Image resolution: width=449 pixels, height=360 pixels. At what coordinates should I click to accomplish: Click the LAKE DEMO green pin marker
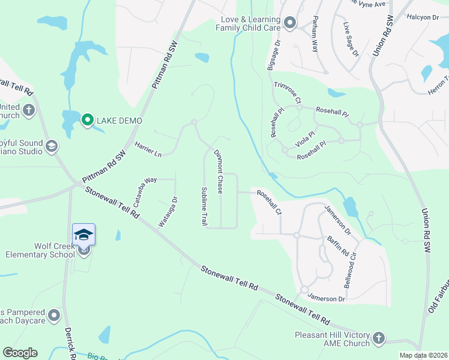[x=87, y=121]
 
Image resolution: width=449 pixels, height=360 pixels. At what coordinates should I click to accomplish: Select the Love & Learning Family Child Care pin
[x=290, y=23]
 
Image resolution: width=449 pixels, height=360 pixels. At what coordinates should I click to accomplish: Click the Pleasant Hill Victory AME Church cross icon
[x=378, y=338]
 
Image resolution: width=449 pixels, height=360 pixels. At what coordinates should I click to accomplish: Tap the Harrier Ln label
[x=148, y=150]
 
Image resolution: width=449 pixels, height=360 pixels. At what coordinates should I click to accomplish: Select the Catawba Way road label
[x=145, y=191]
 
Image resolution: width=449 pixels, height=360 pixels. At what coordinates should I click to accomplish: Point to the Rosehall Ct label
[x=269, y=202]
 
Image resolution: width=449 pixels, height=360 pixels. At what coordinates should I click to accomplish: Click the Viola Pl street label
[x=305, y=142]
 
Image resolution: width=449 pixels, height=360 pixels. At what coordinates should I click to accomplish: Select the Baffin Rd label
[x=338, y=246]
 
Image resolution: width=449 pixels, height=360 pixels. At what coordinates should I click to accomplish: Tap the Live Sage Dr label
[x=351, y=40]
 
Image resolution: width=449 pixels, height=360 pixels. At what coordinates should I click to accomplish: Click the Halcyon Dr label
[x=423, y=18]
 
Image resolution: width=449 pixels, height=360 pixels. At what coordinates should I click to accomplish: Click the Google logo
[x=20, y=353]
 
